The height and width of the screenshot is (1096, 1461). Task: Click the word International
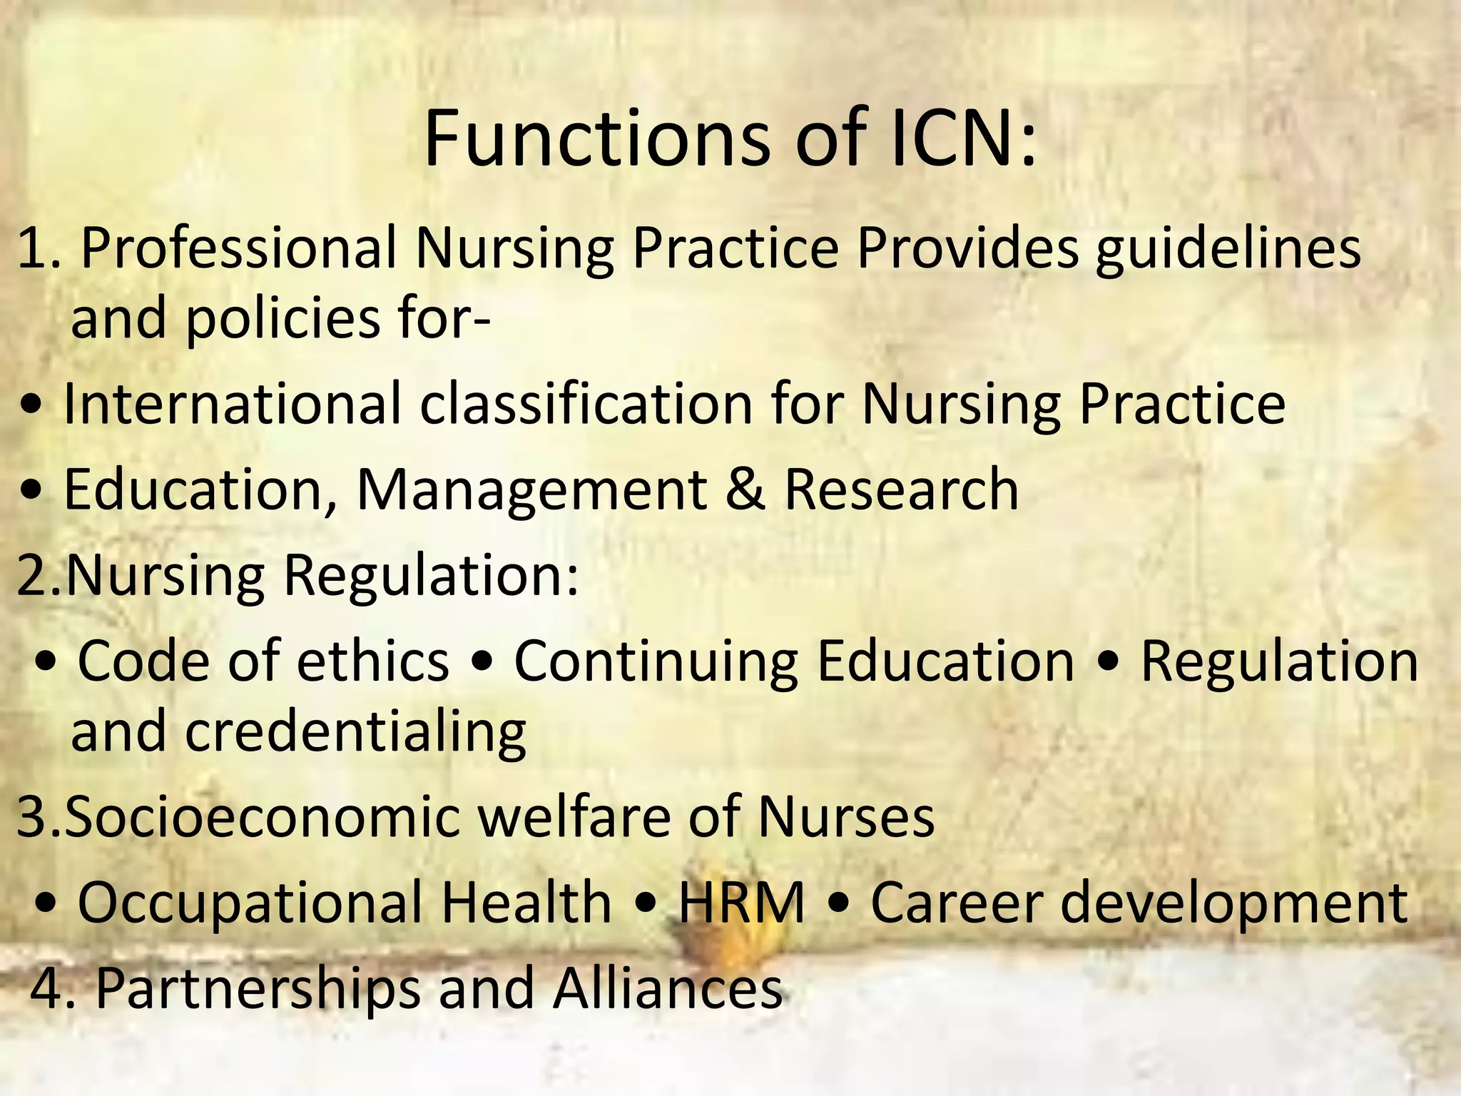tap(233, 405)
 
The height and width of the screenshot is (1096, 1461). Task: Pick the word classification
tap(586, 405)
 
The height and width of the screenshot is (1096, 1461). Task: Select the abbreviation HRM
tap(742, 902)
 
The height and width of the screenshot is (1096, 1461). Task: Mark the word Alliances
tap(668, 989)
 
